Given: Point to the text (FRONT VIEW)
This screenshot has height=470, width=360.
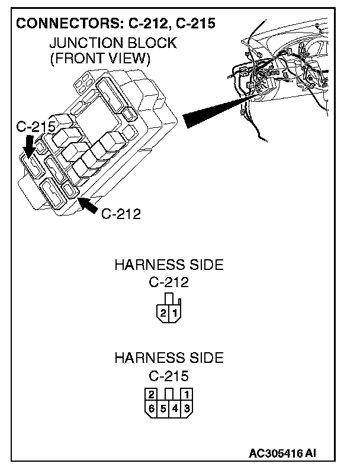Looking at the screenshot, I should [101, 59].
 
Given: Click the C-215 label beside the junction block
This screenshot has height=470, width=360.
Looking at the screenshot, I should [36, 127].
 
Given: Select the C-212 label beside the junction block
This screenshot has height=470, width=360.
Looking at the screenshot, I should [121, 214].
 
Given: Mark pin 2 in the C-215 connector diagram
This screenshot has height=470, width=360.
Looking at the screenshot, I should [152, 394].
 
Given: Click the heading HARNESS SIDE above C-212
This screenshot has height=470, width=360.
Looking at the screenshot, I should [169, 265].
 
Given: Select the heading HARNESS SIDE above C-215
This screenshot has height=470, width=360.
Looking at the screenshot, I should [169, 358].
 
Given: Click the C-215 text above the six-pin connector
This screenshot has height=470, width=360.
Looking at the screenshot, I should [169, 375].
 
